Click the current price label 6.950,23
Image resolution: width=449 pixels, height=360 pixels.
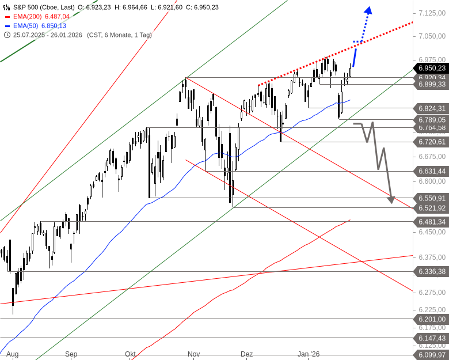431,67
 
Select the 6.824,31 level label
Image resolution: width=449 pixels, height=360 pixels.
431,108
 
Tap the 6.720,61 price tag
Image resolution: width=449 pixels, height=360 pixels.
431,141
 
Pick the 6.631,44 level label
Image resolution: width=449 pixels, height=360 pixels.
431,171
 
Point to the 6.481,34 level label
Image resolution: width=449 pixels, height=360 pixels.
431,222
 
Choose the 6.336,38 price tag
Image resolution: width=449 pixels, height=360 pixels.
431,271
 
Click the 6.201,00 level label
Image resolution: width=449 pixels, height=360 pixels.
431,319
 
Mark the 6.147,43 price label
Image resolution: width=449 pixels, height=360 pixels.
431,338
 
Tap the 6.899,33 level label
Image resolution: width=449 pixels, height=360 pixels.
431,84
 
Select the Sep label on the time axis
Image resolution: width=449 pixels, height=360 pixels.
71,354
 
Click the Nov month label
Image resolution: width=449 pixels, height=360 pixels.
193,354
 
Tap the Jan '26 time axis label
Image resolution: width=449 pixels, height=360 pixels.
309,354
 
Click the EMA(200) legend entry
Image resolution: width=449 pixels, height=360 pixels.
35,17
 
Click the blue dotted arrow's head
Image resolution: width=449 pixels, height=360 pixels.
368,10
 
